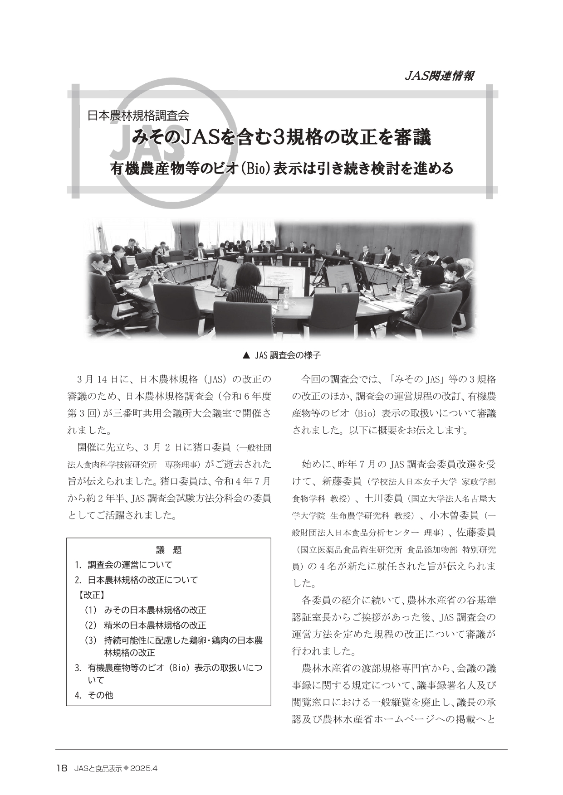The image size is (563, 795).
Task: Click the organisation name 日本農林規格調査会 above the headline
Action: click(137, 115)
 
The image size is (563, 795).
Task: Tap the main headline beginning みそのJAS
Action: click(281, 138)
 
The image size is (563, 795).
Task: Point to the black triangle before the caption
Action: click(246, 355)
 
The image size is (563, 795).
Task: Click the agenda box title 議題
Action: click(169, 550)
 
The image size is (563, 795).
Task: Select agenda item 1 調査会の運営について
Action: click(129, 565)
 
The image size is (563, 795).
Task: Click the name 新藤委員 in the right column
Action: click(341, 480)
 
